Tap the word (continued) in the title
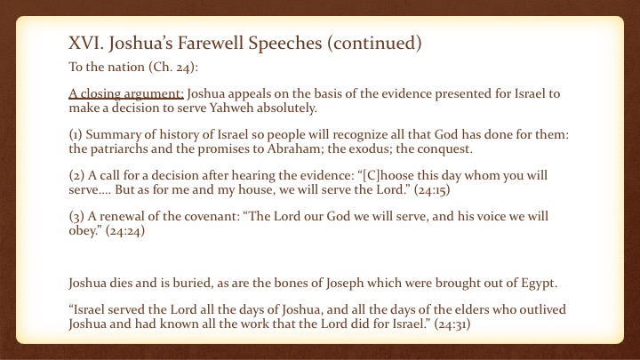(x=374, y=44)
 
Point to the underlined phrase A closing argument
(x=126, y=94)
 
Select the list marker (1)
(x=76, y=135)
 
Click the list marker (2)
(x=76, y=175)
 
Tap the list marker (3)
(x=76, y=216)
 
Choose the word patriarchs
(x=119, y=148)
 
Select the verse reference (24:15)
(x=432, y=190)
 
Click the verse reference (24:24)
(x=125, y=231)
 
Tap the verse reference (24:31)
(x=452, y=324)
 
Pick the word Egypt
(x=540, y=284)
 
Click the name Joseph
(x=345, y=284)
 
